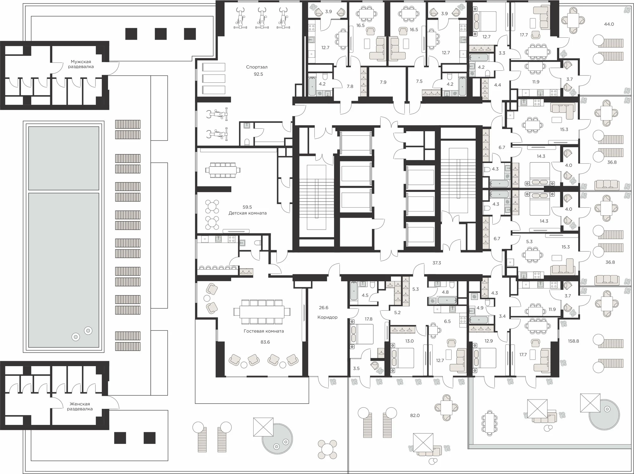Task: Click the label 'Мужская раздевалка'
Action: pyautogui.click(x=81, y=64)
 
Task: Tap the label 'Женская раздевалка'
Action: pyautogui.click(x=80, y=406)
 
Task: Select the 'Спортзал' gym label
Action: pyautogui.click(x=257, y=67)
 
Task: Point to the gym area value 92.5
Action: pyautogui.click(x=258, y=74)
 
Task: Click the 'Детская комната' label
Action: pyautogui.click(x=248, y=213)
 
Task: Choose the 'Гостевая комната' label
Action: pyautogui.click(x=264, y=331)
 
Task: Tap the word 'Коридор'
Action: pyautogui.click(x=327, y=317)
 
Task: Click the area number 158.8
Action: pyautogui.click(x=573, y=341)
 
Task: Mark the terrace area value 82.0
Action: pyautogui.click(x=415, y=415)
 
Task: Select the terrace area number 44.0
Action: pyautogui.click(x=609, y=24)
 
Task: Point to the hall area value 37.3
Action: pyautogui.click(x=437, y=263)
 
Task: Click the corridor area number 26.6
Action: pyautogui.click(x=324, y=308)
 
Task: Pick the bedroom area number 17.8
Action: pyautogui.click(x=368, y=319)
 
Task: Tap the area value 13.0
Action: pyautogui.click(x=409, y=341)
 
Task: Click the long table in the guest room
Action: pyautogui.click(x=262, y=312)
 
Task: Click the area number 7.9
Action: pyautogui.click(x=383, y=82)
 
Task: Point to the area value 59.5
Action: pyautogui.click(x=247, y=207)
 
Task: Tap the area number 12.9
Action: pyautogui.click(x=488, y=341)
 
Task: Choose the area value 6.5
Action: pyautogui.click(x=447, y=321)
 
